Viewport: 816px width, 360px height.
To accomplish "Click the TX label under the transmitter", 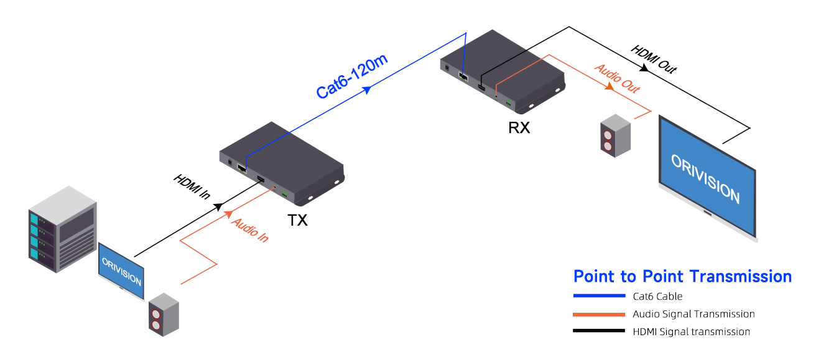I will [x=297, y=220].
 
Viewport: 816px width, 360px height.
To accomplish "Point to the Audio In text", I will [x=249, y=229].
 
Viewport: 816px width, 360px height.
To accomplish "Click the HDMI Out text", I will [x=653, y=59].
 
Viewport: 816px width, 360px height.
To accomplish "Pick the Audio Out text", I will [x=617, y=78].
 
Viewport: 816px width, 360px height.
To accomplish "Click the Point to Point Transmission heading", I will [x=682, y=276].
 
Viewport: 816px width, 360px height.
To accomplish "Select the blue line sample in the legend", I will [x=598, y=296].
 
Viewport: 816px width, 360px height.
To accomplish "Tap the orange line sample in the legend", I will [x=598, y=314].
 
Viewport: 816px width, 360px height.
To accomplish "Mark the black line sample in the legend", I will [x=598, y=331].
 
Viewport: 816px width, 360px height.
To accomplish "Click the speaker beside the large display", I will [x=614, y=134].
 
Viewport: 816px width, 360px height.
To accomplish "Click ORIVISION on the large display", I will [x=705, y=177].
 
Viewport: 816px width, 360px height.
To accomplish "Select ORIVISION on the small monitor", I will [x=121, y=272].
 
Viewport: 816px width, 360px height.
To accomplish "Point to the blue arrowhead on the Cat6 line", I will [x=368, y=91].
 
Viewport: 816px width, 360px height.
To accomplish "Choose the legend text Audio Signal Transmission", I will [x=693, y=314].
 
